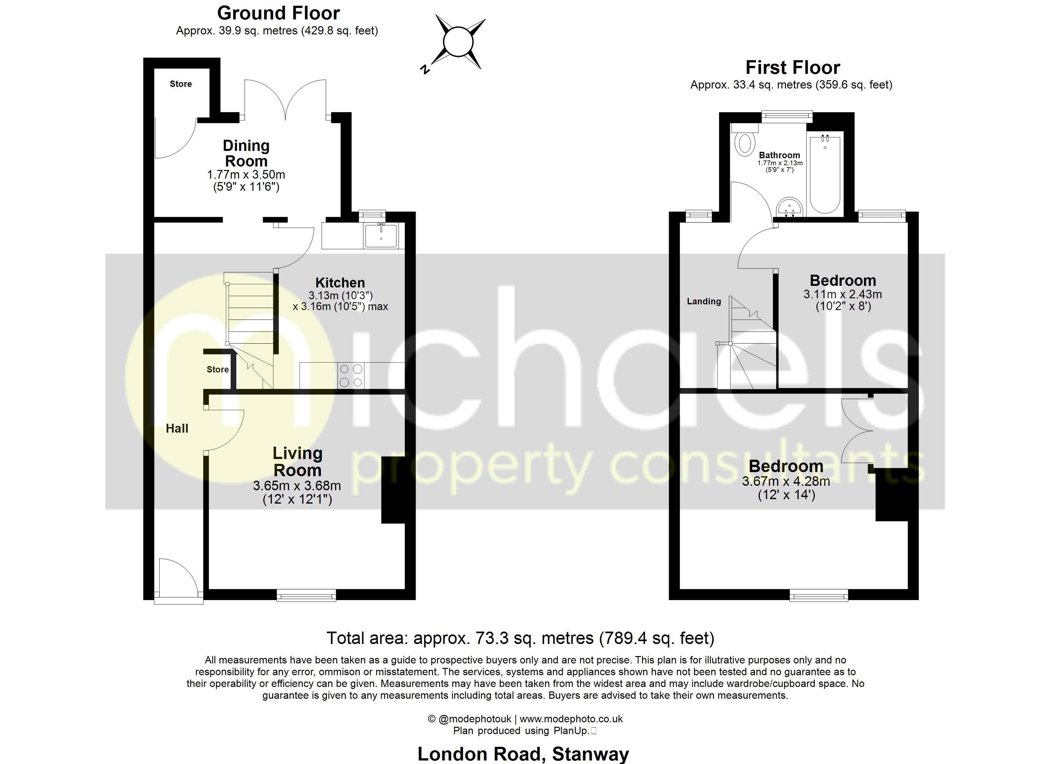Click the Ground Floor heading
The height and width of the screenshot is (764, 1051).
coord(278,13)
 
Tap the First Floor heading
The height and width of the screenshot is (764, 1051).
coord(792,67)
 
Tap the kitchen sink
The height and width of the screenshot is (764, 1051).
coord(381,235)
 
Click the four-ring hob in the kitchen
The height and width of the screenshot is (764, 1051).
coord(350,376)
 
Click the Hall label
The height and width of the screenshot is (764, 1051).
coord(177,428)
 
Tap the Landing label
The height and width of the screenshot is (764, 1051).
coord(704,301)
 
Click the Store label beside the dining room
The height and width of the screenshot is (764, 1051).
coord(181,84)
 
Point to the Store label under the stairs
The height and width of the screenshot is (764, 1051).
coord(217,369)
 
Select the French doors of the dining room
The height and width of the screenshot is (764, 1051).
coord(285,100)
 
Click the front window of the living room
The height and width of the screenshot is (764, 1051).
coord(306,595)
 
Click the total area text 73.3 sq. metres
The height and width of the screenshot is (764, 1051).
coord(520,639)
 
